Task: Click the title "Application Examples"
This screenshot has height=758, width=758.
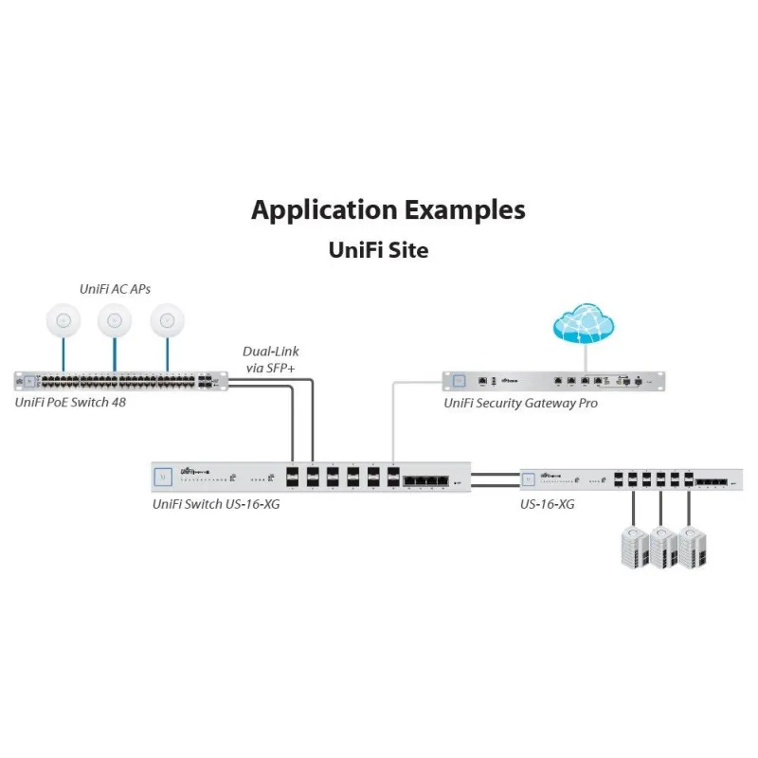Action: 388,209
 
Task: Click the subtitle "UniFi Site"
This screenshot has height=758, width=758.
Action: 378,250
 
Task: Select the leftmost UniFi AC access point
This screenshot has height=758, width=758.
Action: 63,321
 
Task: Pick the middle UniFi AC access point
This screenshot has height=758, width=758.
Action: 115,321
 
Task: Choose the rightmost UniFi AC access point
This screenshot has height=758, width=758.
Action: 168,321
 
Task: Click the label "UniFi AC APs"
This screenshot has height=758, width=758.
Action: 114,288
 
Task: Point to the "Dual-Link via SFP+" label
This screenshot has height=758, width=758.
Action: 271,358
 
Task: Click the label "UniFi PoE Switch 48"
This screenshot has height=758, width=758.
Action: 71,402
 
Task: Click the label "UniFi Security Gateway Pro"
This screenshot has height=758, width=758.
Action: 521,403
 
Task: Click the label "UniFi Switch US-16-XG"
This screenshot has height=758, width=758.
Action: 216,504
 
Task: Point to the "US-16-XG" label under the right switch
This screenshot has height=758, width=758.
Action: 547,504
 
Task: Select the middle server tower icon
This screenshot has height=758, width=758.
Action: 661,547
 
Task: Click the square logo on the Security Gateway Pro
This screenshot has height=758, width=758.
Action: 459,381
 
